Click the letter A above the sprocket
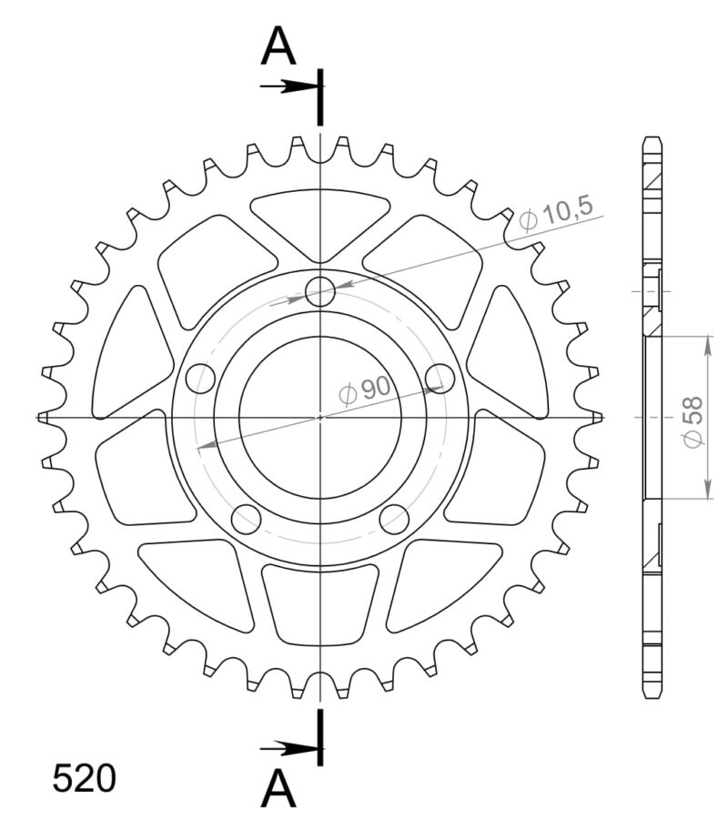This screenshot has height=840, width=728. coord(278,46)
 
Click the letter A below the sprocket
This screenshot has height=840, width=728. coord(278,789)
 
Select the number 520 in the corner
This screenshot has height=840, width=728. coord(84,780)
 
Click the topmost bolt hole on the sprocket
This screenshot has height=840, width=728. coord(320,292)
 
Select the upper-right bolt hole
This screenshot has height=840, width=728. coord(440,377)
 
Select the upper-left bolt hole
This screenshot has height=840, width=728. coord(199,378)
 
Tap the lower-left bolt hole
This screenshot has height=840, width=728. coord(246,518)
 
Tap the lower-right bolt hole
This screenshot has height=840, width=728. coord(394,519)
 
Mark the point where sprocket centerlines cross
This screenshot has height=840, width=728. coord(320,417)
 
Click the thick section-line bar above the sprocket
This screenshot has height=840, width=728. coord(319,96)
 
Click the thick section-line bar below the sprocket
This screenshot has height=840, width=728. coord(319,737)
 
